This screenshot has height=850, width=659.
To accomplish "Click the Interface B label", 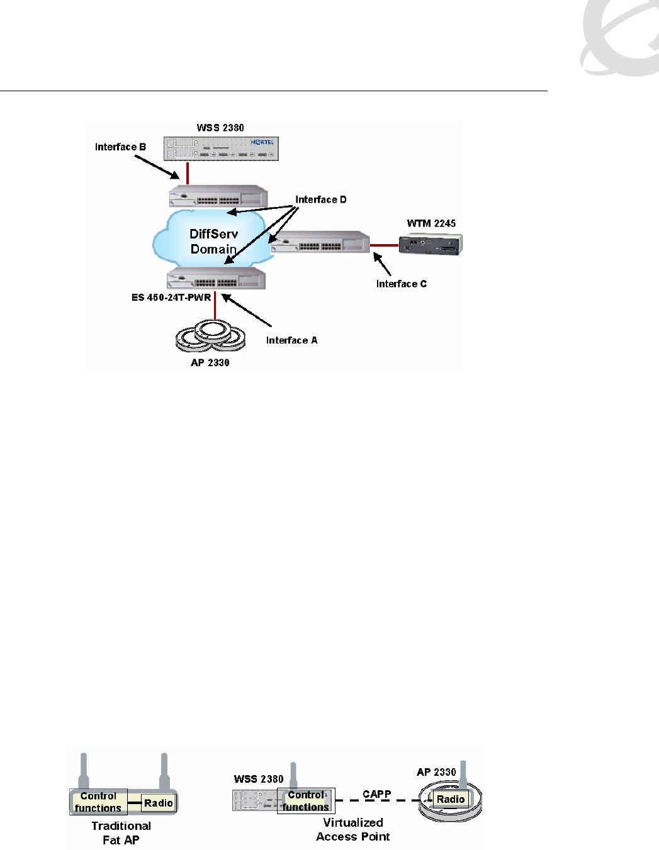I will pos(120,147).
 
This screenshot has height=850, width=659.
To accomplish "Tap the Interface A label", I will pos(291,340).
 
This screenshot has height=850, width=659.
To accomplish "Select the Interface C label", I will pos(401,284).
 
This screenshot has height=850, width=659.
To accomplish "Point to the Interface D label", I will pos(321,199).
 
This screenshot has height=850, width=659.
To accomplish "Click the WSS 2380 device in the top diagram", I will pos(221,149).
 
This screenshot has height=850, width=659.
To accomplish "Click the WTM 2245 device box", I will pos(431,244).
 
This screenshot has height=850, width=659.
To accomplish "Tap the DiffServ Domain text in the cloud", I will pos(214,242).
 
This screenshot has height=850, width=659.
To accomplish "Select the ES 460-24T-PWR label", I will pos(171,298).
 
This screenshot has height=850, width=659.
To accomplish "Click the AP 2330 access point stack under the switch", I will pos(210,336).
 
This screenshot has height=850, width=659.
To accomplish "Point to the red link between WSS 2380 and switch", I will pos(188,173).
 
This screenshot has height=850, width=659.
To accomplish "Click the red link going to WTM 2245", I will pos(384,245).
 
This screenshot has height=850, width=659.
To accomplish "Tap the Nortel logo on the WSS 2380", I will pos(262,142).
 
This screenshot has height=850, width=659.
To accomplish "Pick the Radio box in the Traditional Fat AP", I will pos(158,803).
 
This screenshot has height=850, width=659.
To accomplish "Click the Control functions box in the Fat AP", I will pos(98,802).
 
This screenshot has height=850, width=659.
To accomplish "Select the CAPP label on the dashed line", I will pos(377,794).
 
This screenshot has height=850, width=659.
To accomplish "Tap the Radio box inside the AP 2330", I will pos(451,799).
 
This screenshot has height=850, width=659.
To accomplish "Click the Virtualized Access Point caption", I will pos(353,829).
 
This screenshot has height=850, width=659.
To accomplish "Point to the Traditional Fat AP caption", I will pos(121,832).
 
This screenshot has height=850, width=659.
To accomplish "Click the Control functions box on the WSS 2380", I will pos(306,801).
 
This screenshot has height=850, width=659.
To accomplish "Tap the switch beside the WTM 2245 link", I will pos(321,242).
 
